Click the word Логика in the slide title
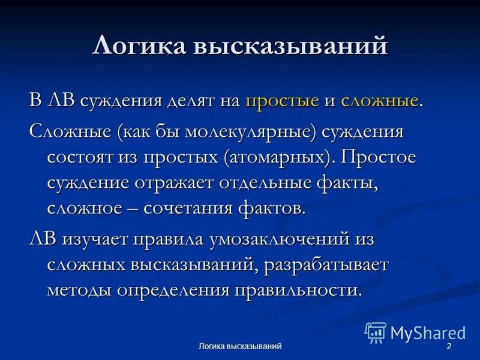click(x=137, y=46)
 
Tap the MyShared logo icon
click(x=376, y=332)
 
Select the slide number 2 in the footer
click(x=448, y=347)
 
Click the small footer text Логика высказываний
click(x=240, y=347)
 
